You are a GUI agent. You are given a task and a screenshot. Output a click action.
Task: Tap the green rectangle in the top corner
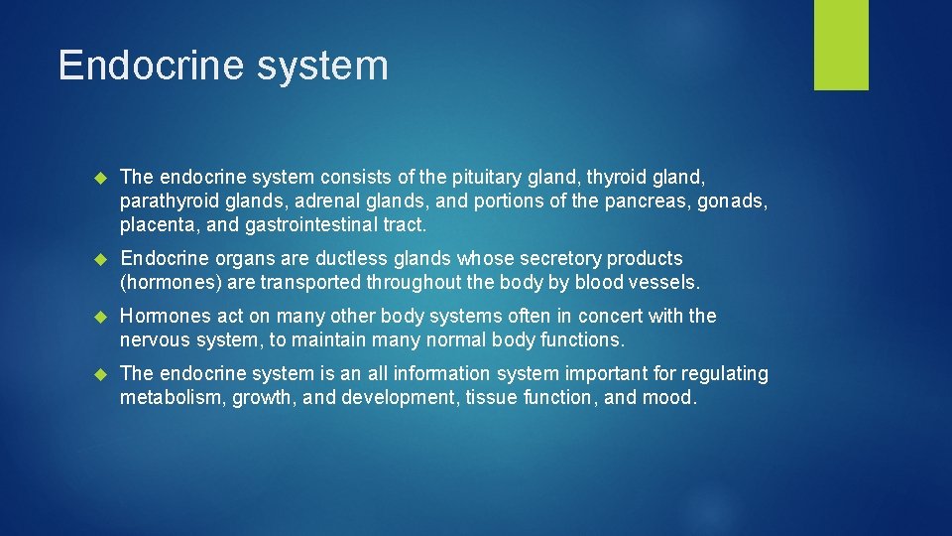coord(841,45)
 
